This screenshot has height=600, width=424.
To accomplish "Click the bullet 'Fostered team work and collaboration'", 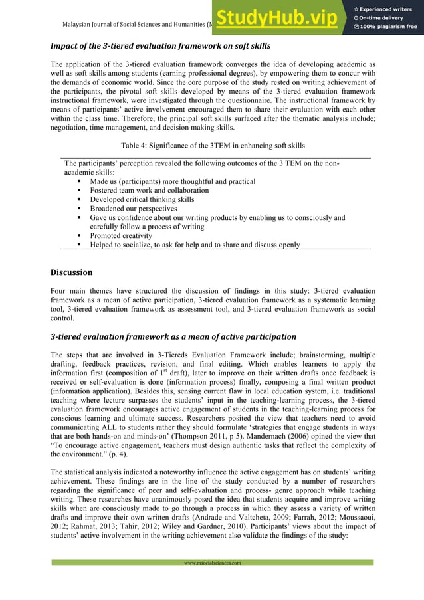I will [x=149, y=190].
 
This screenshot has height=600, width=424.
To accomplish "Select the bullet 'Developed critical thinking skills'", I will [x=142, y=199].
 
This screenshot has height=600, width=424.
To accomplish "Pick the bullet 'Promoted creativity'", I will [x=121, y=235].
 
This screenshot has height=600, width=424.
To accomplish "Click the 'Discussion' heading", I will [x=72, y=272].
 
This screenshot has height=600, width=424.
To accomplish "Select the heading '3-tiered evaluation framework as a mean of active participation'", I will [x=173, y=336].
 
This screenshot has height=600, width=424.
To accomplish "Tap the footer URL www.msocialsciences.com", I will [x=213, y=563].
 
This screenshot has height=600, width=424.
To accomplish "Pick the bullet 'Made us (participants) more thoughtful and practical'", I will [x=172, y=181].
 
